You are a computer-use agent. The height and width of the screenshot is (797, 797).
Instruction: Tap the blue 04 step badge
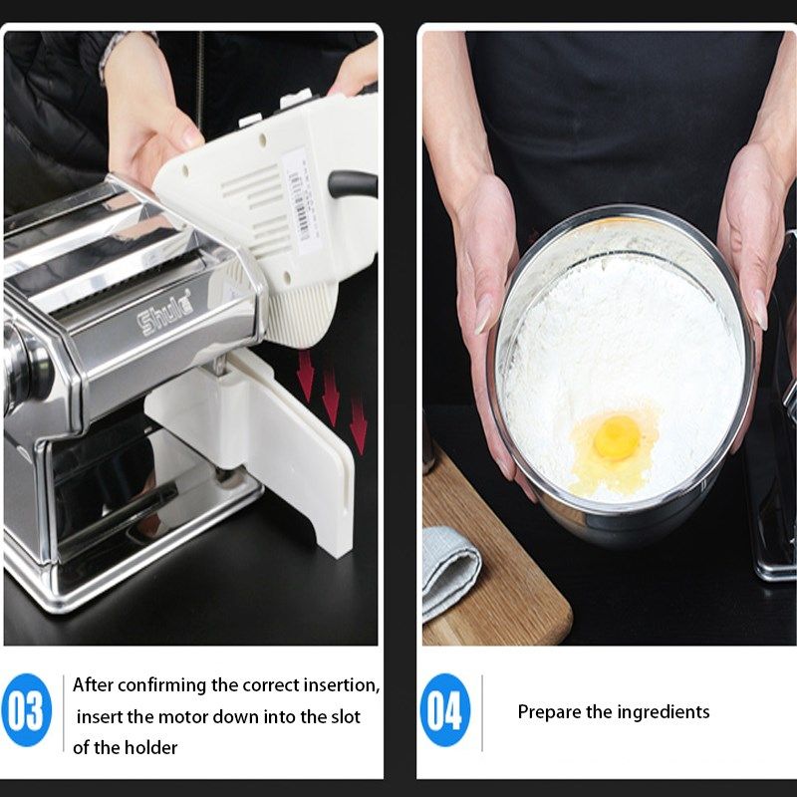click(445, 711)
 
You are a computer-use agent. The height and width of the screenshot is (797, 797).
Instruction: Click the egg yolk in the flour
click(616, 435)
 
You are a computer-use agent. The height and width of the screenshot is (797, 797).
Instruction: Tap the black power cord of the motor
click(354, 183)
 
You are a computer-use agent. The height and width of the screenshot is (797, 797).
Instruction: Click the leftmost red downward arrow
click(305, 377)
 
